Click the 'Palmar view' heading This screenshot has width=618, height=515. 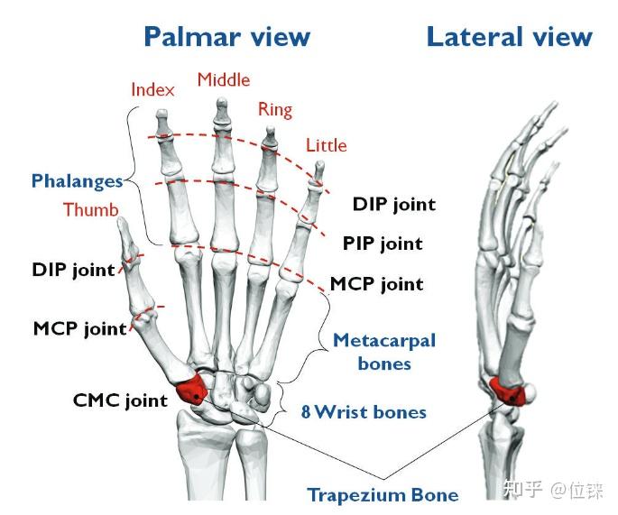(x=227, y=38)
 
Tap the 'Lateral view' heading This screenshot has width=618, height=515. (x=510, y=38)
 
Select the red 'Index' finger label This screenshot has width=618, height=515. (x=152, y=90)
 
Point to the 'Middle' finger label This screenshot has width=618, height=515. (x=224, y=80)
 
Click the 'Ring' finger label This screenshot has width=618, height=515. (x=275, y=110)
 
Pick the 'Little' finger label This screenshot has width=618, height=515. (x=327, y=145)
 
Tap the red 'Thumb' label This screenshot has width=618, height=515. (x=91, y=209)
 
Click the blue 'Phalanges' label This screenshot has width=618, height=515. (x=78, y=181)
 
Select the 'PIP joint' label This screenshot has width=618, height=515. (x=383, y=244)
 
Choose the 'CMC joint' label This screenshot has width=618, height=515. (x=120, y=400)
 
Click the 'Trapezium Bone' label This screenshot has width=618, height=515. (x=383, y=495)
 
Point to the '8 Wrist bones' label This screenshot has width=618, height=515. (x=364, y=412)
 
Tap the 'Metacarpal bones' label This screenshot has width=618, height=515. (x=384, y=352)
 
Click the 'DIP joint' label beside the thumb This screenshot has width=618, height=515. (x=73, y=271)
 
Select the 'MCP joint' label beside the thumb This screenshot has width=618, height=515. (x=80, y=328)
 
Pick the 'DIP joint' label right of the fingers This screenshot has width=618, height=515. (x=394, y=205)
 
